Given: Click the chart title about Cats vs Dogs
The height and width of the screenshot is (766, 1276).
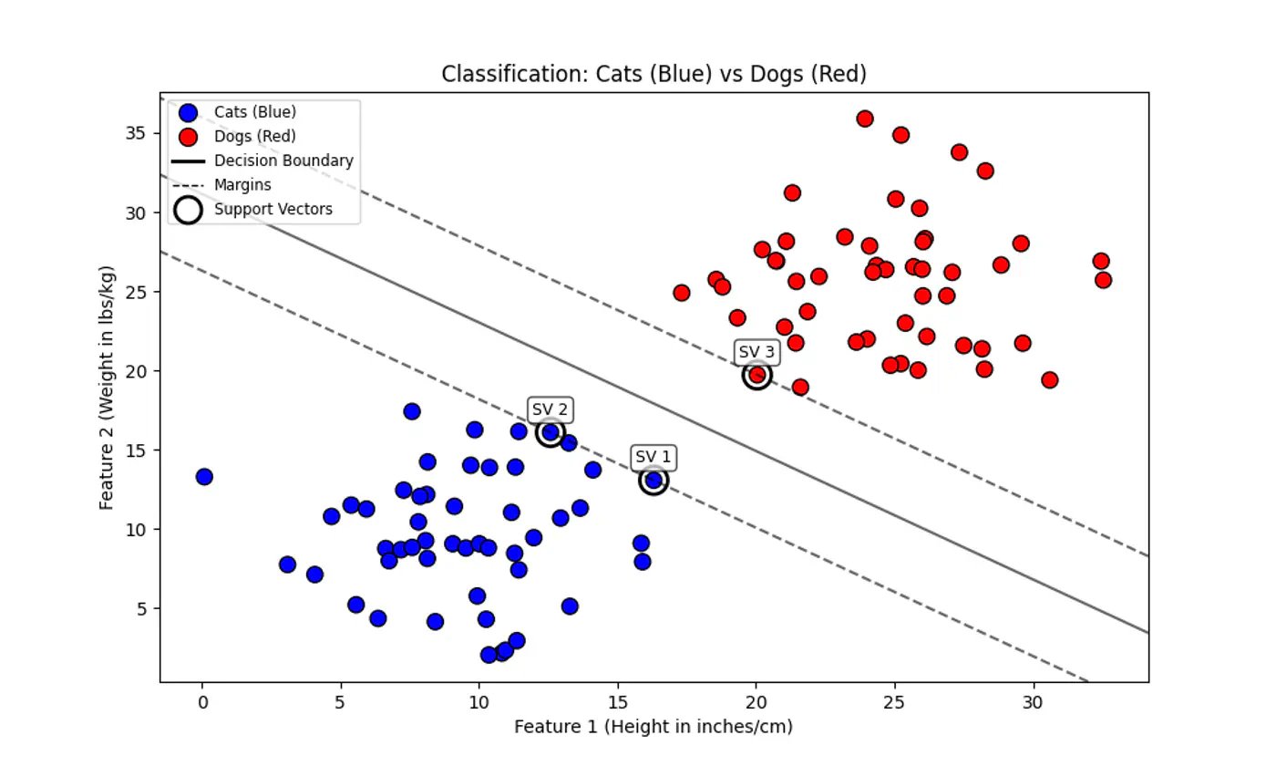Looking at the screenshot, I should (x=653, y=74).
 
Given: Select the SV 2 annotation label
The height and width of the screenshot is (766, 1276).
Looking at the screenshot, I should (x=551, y=409).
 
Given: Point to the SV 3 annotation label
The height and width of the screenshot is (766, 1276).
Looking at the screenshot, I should (x=756, y=352).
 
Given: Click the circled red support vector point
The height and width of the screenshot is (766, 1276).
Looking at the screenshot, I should (x=756, y=375).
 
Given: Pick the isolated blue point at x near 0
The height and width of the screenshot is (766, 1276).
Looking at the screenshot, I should (x=204, y=477).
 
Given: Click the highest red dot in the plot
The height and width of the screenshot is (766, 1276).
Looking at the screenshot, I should (x=865, y=119).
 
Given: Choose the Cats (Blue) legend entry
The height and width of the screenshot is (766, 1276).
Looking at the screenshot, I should (x=255, y=112).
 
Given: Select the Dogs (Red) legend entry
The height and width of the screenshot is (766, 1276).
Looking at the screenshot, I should (x=255, y=137).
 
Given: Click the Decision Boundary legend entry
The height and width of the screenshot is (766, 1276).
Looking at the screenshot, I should (x=283, y=160).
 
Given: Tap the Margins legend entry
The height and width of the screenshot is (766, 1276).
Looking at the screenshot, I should (x=242, y=185).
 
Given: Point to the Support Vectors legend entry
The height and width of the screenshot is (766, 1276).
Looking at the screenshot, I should (x=273, y=210).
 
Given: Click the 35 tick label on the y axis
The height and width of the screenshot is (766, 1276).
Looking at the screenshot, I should (x=135, y=133).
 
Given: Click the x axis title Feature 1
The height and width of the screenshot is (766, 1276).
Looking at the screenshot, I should (x=653, y=728).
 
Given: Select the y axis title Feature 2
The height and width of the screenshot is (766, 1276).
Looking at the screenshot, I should (x=107, y=387).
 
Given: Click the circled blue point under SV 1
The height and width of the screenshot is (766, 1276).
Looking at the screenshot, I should (x=653, y=481).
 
